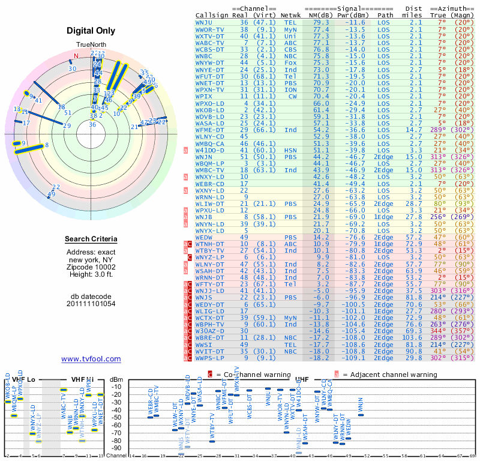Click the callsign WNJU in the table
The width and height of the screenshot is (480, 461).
click(205, 22)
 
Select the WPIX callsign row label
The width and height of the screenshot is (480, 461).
click(205, 96)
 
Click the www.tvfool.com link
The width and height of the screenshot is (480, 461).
click(91, 359)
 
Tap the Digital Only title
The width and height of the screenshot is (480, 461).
click(91, 31)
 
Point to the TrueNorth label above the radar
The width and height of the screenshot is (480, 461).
click(91, 45)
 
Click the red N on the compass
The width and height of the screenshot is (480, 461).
click(76, 56)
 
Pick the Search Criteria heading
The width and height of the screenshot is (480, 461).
click(91, 240)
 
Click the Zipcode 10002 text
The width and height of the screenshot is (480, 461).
click(91, 267)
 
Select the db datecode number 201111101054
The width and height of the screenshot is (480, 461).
click(91, 303)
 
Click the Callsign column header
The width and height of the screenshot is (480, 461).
click(212, 15)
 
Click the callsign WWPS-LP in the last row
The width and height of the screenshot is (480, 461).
click(209, 358)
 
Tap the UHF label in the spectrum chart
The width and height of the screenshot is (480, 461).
click(302, 379)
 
